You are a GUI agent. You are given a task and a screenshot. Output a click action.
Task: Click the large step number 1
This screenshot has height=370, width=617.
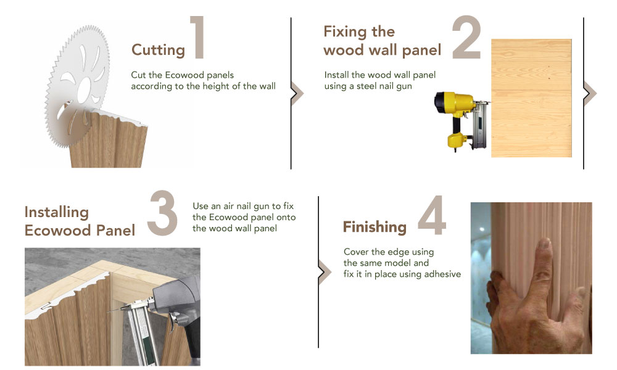point(197,38)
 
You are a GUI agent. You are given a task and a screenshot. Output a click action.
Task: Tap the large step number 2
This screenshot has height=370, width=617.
point(466,38)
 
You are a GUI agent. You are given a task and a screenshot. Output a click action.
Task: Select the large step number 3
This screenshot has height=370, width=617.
point(162,213)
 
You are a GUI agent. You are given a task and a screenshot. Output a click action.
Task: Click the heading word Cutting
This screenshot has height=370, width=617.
point(158,51)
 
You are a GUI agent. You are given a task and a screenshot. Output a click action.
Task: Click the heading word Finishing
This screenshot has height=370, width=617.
point(375,227)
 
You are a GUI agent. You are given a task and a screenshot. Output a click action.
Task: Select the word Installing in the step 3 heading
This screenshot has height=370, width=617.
point(57,212)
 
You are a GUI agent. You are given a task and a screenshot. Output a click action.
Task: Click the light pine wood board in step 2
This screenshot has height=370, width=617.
point(531,98)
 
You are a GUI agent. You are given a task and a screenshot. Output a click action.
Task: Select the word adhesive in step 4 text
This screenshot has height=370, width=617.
point(442,274)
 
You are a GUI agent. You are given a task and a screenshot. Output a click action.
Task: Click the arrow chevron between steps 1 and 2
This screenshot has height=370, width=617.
point(297,94)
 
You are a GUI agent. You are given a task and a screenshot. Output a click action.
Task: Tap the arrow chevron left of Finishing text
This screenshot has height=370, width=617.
point(325,272)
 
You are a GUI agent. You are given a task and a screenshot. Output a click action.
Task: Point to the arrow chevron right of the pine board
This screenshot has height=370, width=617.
point(590,94)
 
